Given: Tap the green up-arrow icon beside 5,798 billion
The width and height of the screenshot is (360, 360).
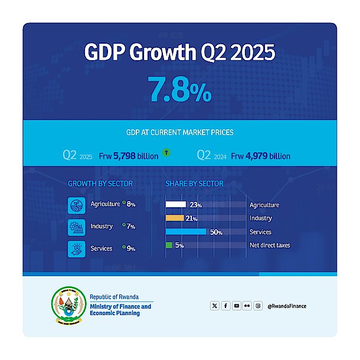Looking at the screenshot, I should [x=166, y=153].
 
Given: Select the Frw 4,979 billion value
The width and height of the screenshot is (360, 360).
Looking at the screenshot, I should [x=260, y=156].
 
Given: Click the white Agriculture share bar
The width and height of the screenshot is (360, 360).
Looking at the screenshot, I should [x=175, y=205].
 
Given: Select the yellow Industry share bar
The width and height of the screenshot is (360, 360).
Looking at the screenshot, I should [x=175, y=218].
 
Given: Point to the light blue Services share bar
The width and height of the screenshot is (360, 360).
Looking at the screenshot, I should [x=186, y=232].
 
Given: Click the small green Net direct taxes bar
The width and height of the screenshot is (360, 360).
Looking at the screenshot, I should [x=169, y=245].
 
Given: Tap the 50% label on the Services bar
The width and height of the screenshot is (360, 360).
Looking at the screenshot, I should [x=216, y=232].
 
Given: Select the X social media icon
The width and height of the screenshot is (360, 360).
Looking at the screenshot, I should [x=214, y=306].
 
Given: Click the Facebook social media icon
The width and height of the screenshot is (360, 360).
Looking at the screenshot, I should [x=225, y=306].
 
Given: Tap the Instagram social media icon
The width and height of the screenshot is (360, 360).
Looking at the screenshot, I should [x=258, y=306].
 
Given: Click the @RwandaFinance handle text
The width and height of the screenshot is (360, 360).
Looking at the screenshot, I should [x=287, y=306].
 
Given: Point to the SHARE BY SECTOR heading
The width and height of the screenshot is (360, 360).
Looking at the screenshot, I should [x=194, y=184].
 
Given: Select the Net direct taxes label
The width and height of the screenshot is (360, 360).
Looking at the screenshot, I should [x=270, y=245].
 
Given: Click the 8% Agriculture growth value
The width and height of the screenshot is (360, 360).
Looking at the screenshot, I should [x=130, y=205].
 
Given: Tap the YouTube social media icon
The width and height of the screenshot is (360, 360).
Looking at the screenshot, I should [x=236, y=306].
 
